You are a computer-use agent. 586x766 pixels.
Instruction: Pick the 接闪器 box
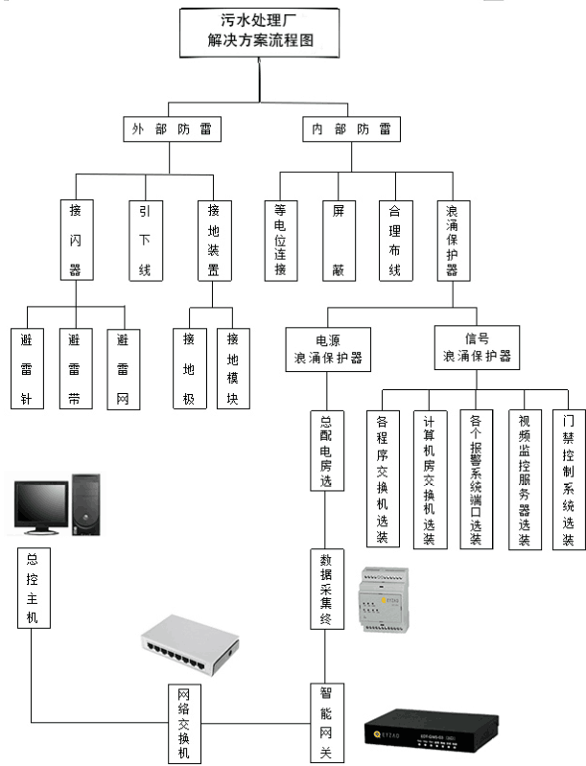[x=75, y=239]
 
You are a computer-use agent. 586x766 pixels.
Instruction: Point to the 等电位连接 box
[x=280, y=240]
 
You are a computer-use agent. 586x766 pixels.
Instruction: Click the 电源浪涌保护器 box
[x=328, y=349]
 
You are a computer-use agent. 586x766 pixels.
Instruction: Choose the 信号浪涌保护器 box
[x=477, y=347]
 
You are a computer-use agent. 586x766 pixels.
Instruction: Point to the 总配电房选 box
[x=326, y=451]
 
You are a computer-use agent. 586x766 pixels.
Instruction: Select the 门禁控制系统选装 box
[x=568, y=479]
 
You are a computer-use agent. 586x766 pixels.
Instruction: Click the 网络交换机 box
[x=184, y=723]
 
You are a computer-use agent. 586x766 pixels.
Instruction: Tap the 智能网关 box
[x=326, y=723]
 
